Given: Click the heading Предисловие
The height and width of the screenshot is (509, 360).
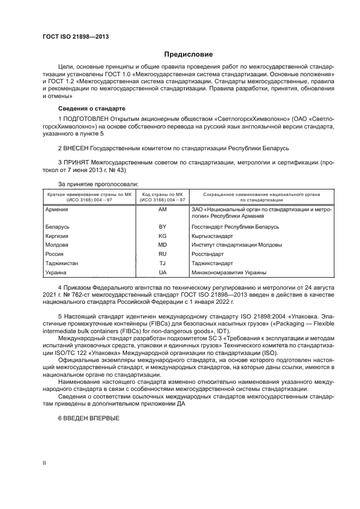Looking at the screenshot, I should pos(189,54).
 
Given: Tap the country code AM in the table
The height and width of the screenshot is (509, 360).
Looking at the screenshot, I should pos(162,209).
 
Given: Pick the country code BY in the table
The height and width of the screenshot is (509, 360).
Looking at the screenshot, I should pos(162,226).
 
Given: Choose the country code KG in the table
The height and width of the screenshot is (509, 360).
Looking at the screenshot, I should pos(162,236).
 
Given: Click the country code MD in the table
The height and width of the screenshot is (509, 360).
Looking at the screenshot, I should pos(162,245).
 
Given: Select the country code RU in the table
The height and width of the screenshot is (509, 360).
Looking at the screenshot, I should pos(162,254).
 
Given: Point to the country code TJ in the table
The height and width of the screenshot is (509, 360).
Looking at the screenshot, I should pos(162,263).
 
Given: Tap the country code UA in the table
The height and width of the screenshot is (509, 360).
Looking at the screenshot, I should pos(162,272).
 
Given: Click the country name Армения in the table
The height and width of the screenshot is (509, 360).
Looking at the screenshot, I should pos(56,209).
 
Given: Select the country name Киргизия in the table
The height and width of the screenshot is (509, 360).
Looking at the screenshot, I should pos(58,236).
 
